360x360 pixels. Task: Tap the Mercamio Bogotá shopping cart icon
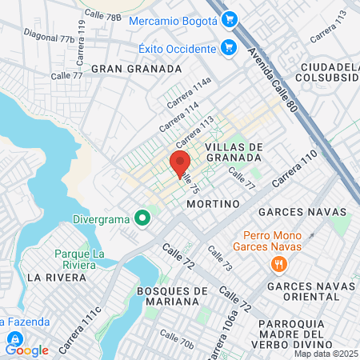(230, 18)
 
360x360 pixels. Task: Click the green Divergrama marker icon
(142, 217)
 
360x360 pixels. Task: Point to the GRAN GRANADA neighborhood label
(136, 69)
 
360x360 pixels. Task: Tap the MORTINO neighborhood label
(213, 204)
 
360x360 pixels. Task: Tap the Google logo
(26, 350)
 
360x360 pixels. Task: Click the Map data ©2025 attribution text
(326, 354)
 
